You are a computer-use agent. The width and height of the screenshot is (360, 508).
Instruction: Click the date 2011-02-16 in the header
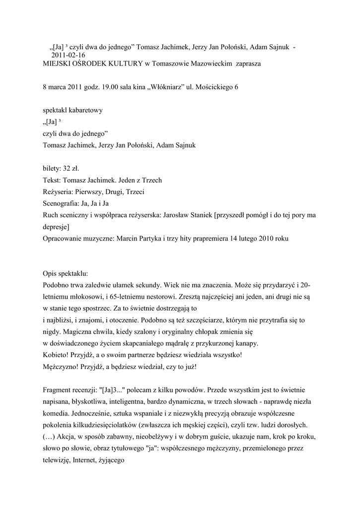[x=69, y=55]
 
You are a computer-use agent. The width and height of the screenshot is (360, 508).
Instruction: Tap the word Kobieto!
[x=56, y=355]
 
